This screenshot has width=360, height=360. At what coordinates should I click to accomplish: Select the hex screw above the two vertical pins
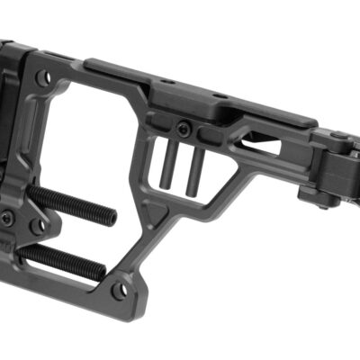pyautogui.click(x=184, y=128)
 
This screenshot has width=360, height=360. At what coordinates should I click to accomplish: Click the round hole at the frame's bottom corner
pyautogui.click(x=121, y=291)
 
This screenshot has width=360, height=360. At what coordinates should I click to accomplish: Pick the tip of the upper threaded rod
pyautogui.click(x=112, y=217)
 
